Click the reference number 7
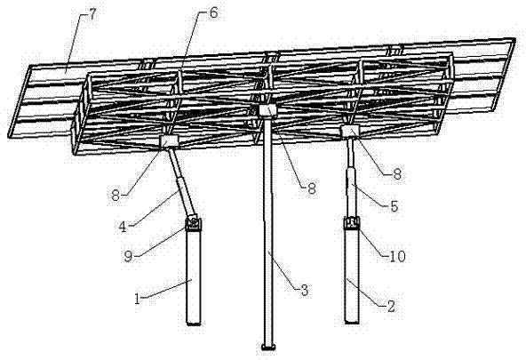pos(92,15)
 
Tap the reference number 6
pos(213,12)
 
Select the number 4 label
pos(123,228)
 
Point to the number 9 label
pos(128,256)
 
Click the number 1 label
pos(137,299)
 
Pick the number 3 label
pos(304,290)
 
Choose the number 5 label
pos(394,206)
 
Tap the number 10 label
pos(397,256)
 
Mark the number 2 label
pos(391,306)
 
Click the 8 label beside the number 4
pos(116,196)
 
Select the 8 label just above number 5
pos(397,174)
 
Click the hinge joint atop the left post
pos(193,223)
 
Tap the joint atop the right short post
pos(351,223)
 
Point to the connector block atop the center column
pos(268,111)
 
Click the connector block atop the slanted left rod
pos(169,141)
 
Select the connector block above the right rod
pos(350,132)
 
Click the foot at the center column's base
pos(268,347)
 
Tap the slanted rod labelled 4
pos(181,183)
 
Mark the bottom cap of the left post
pos(194,323)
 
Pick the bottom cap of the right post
pos(352,322)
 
